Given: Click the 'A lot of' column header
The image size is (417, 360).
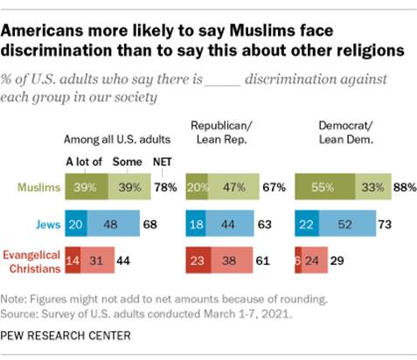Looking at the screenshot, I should (85, 162).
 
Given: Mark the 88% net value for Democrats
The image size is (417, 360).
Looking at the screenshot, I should (404, 186).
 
